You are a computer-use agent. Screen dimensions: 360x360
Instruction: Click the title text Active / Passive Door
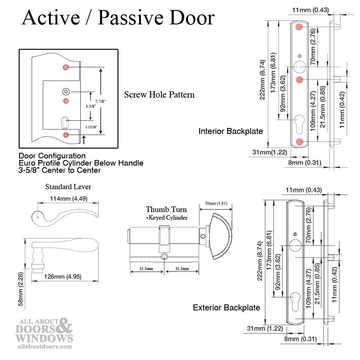pos(118,18)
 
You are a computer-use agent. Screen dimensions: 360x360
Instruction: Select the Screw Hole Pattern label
pos(159,95)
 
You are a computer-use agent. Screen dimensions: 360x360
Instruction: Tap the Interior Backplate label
pos(231,131)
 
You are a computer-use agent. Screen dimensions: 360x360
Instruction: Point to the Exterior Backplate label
pos(226,308)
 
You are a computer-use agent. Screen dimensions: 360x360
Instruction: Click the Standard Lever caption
pos(68,187)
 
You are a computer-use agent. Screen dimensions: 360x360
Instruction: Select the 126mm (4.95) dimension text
pos(66,276)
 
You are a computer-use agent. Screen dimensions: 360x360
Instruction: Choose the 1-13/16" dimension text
pos(91,127)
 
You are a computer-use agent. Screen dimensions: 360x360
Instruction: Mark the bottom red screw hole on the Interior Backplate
pos(300,141)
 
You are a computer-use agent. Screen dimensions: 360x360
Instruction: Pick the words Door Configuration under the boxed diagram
pos(52,156)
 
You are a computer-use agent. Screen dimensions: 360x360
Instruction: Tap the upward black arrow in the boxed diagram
pos(83,139)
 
